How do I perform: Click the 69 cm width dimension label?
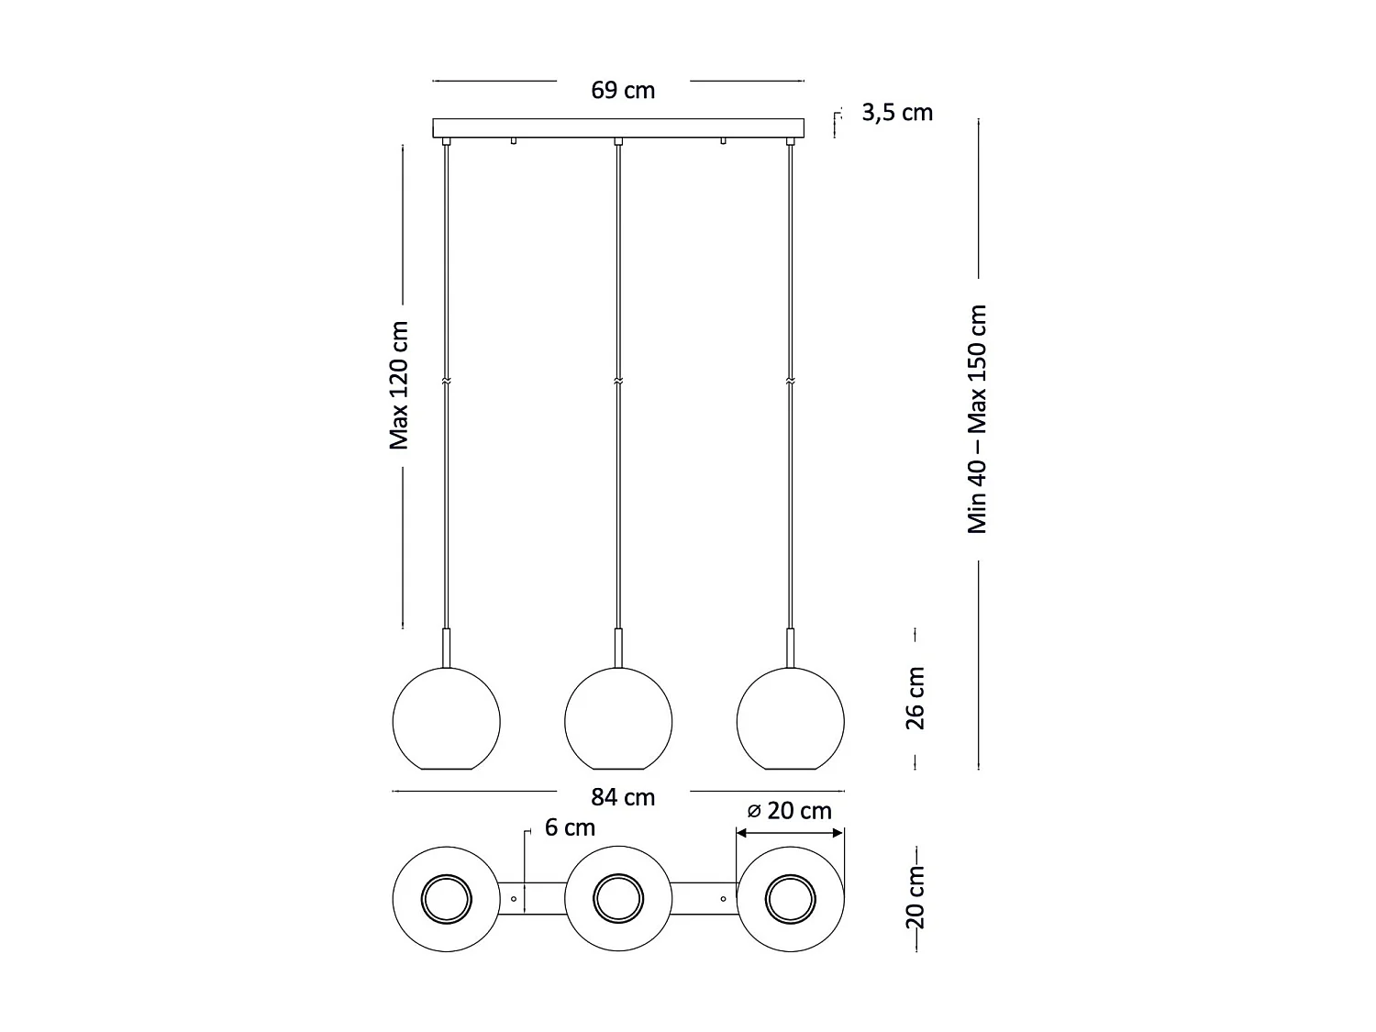[623, 90]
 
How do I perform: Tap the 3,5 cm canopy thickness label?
[896, 113]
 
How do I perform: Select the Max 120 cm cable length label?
[399, 385]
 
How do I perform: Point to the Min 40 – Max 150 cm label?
[978, 419]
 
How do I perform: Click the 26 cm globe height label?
[915, 698]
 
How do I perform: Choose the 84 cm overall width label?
[623, 797]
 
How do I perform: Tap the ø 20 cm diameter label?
[789, 811]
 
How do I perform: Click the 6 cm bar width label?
[570, 827]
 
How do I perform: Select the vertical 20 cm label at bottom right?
[915, 896]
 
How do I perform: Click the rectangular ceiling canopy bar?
[618, 128]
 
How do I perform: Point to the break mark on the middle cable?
[618, 381]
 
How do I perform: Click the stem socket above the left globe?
[447, 648]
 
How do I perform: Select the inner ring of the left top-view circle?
[447, 898]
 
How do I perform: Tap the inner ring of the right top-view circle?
[790, 898]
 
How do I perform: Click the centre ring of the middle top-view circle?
[618, 898]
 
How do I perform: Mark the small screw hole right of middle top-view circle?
[723, 898]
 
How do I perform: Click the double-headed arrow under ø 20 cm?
[790, 833]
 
